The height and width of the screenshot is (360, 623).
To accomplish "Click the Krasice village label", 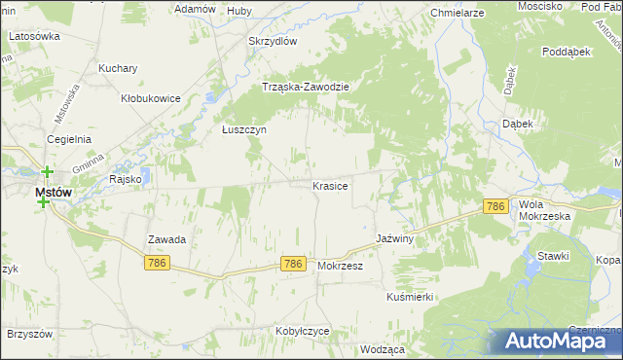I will pyautogui.click(x=330, y=185).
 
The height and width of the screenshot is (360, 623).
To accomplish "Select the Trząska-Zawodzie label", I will pyautogui.click(x=306, y=86).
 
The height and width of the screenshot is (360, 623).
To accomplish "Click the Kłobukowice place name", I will pyautogui.click(x=150, y=98).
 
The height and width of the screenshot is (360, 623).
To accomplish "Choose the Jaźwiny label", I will pyautogui.click(x=396, y=238).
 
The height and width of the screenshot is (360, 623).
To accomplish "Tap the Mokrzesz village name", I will pyautogui.click(x=340, y=265).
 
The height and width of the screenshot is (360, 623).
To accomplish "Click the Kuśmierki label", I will pyautogui.click(x=409, y=296).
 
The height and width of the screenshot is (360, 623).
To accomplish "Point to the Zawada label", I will pyautogui.click(x=166, y=238).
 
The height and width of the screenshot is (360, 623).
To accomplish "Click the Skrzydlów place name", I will pyautogui.click(x=273, y=41).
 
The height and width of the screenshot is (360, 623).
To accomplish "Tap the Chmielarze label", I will pyautogui.click(x=458, y=14).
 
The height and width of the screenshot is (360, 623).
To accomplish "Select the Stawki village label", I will pyautogui.click(x=553, y=255).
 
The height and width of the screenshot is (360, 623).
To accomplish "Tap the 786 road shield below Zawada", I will pyautogui.click(x=157, y=263).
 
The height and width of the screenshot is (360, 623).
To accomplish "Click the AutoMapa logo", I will pyautogui.click(x=559, y=340).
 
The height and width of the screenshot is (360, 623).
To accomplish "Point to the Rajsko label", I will pyautogui.click(x=127, y=179).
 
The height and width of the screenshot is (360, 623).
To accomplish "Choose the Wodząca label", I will pyautogui.click(x=382, y=348).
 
